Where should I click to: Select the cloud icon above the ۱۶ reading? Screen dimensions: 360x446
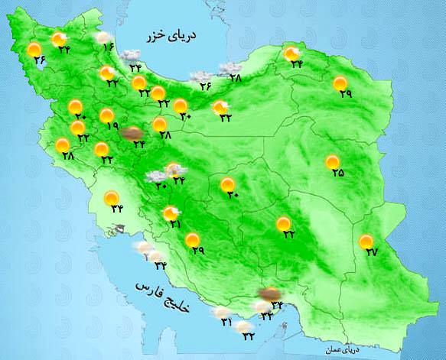point(104,37)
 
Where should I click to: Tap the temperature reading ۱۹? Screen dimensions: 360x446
point(112,126)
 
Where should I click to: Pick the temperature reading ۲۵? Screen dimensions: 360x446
point(337,173)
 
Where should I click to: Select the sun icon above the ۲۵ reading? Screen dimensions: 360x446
point(332,161)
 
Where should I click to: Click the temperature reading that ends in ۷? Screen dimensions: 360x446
point(372,251)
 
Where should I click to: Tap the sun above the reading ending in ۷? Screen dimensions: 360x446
point(365,241)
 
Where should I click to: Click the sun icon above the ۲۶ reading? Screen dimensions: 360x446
point(34,50)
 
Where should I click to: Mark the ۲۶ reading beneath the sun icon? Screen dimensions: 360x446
point(41,62)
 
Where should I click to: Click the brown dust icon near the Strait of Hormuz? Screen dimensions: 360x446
point(269,294)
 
